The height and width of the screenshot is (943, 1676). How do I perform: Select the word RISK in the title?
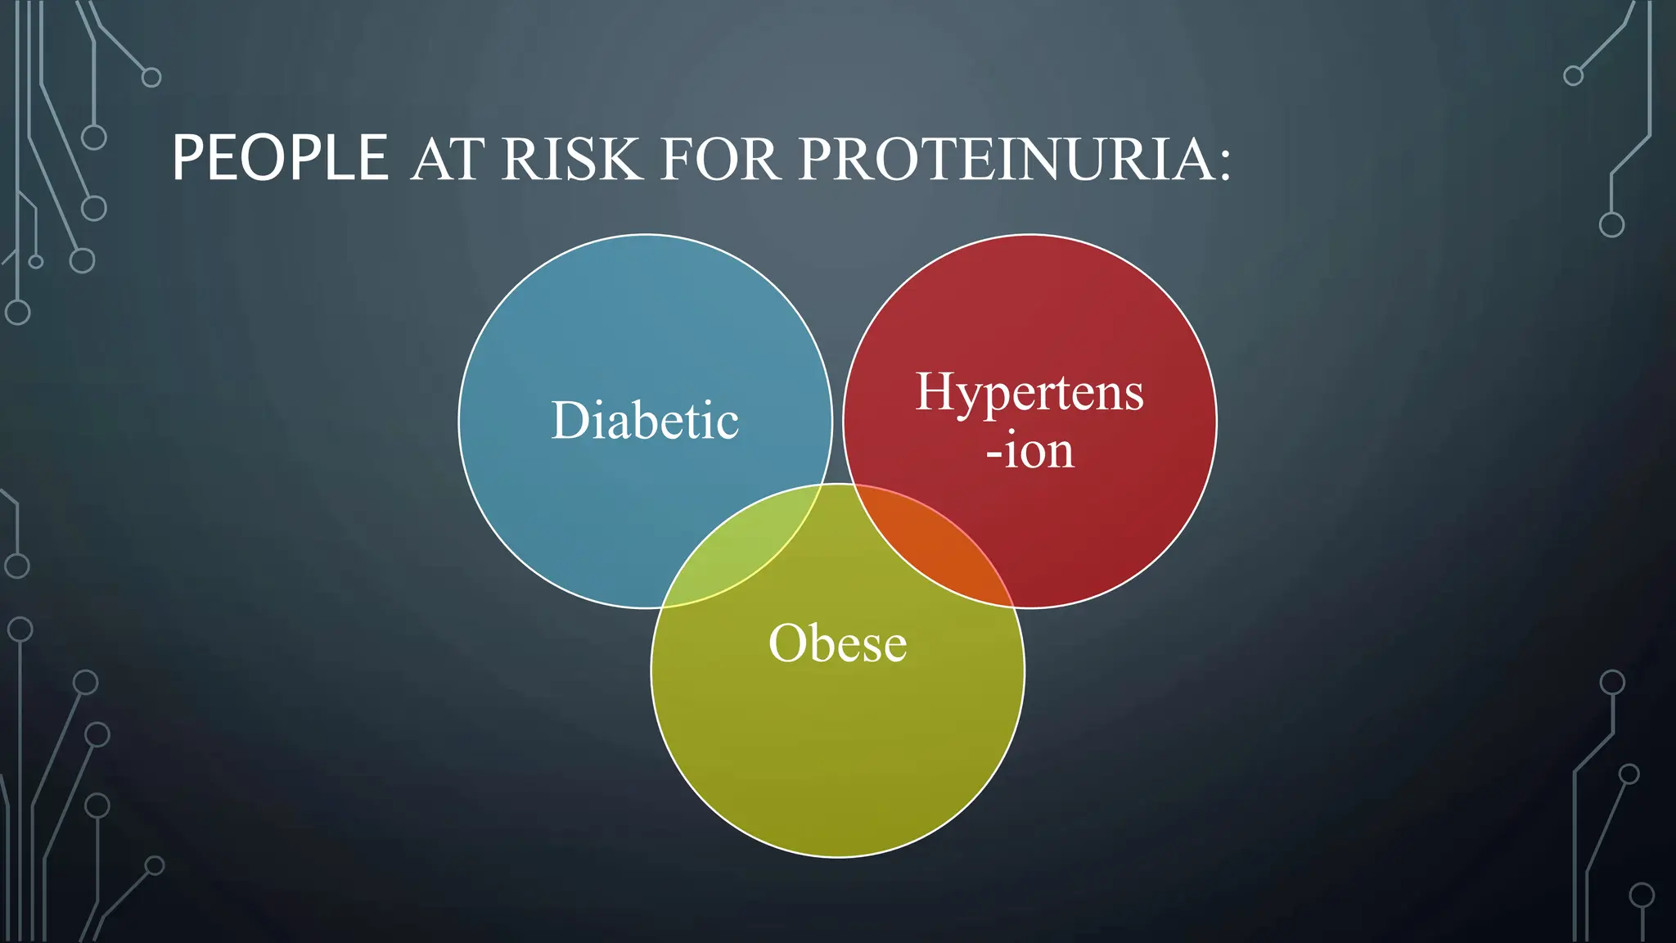pyautogui.click(x=571, y=160)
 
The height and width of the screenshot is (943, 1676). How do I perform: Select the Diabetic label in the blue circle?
pyautogui.click(x=645, y=421)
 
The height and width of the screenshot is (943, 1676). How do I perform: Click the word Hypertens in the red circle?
pyautogui.click(x=1029, y=392)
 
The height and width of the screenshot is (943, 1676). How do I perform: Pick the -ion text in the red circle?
pyautogui.click(x=1029, y=450)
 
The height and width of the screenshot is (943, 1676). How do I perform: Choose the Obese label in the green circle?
pyautogui.click(x=837, y=643)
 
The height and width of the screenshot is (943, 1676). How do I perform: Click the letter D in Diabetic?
pyautogui.click(x=570, y=421)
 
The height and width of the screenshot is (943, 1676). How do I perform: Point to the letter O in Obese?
pyautogui.click(x=787, y=643)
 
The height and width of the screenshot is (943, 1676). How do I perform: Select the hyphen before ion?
pyautogui.click(x=993, y=453)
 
